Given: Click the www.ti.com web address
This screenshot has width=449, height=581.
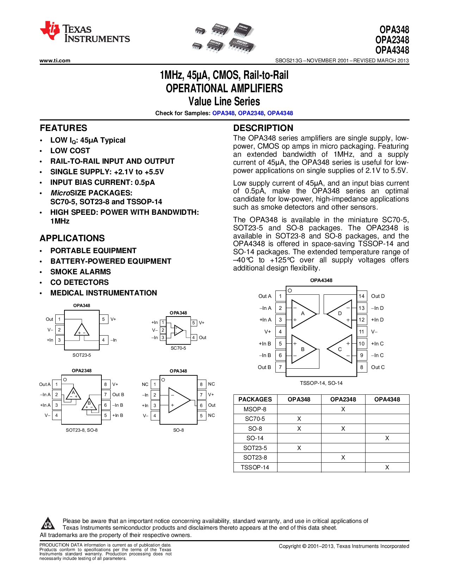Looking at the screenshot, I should pyautogui.click(x=55, y=61).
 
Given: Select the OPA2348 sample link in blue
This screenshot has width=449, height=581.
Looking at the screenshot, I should pyautogui.click(x=251, y=113).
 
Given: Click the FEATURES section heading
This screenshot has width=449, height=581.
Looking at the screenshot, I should pyautogui.click(x=63, y=128).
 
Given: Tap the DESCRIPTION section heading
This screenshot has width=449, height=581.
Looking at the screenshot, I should pyautogui.click(x=263, y=128).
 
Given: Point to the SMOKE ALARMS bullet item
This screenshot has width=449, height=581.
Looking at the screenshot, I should pyautogui.click(x=80, y=272).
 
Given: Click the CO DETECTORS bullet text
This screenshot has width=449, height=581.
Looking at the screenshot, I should pyautogui.click(x=80, y=282).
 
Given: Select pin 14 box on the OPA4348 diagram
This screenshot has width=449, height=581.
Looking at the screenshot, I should pyautogui.click(x=362, y=296).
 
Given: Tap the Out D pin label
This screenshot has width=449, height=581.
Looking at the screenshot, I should pyautogui.click(x=378, y=296).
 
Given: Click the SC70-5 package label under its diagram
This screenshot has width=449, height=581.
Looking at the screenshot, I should pyautogui.click(x=178, y=348).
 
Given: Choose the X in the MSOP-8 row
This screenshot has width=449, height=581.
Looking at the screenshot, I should pyautogui.click(x=343, y=409).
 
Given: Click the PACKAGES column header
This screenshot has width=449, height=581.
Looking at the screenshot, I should pyautogui.click(x=255, y=399).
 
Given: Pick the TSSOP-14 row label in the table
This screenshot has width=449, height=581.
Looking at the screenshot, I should pyautogui.click(x=255, y=467).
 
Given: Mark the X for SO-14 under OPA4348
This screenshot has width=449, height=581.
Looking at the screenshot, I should pyautogui.click(x=387, y=438).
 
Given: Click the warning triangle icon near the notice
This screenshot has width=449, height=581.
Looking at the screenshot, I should pyautogui.click(x=48, y=524).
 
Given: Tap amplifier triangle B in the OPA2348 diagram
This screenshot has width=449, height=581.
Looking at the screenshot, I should pyautogui.click(x=89, y=405).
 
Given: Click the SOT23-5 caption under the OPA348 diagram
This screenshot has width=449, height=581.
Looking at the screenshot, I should pyautogui.click(x=82, y=355).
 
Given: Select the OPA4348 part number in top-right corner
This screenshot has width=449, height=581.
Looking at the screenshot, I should pyautogui.click(x=392, y=50).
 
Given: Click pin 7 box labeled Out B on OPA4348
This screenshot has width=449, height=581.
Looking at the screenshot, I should pyautogui.click(x=280, y=367).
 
